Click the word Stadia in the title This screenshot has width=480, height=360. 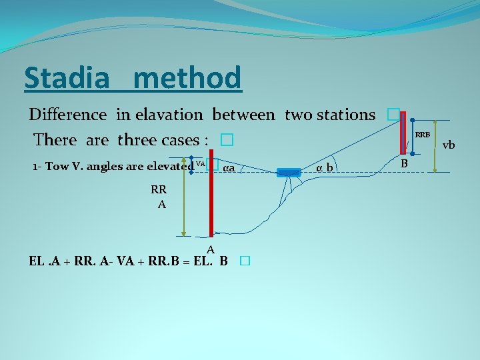pyautogui.click(x=67, y=79)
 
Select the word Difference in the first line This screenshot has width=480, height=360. pyautogui.click(x=67, y=115)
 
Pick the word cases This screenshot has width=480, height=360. pyautogui.click(x=183, y=141)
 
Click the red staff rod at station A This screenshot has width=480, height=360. pyautogui.click(x=211, y=200)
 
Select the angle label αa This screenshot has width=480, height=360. pyautogui.click(x=229, y=167)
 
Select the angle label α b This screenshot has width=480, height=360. pyautogui.click(x=325, y=167)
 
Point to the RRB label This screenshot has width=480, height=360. pyautogui.click(x=423, y=135)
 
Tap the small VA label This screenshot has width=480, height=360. pyautogui.click(x=200, y=163)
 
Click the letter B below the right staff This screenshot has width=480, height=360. pyautogui.click(x=403, y=162)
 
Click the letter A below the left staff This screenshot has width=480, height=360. pyautogui.click(x=210, y=249)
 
